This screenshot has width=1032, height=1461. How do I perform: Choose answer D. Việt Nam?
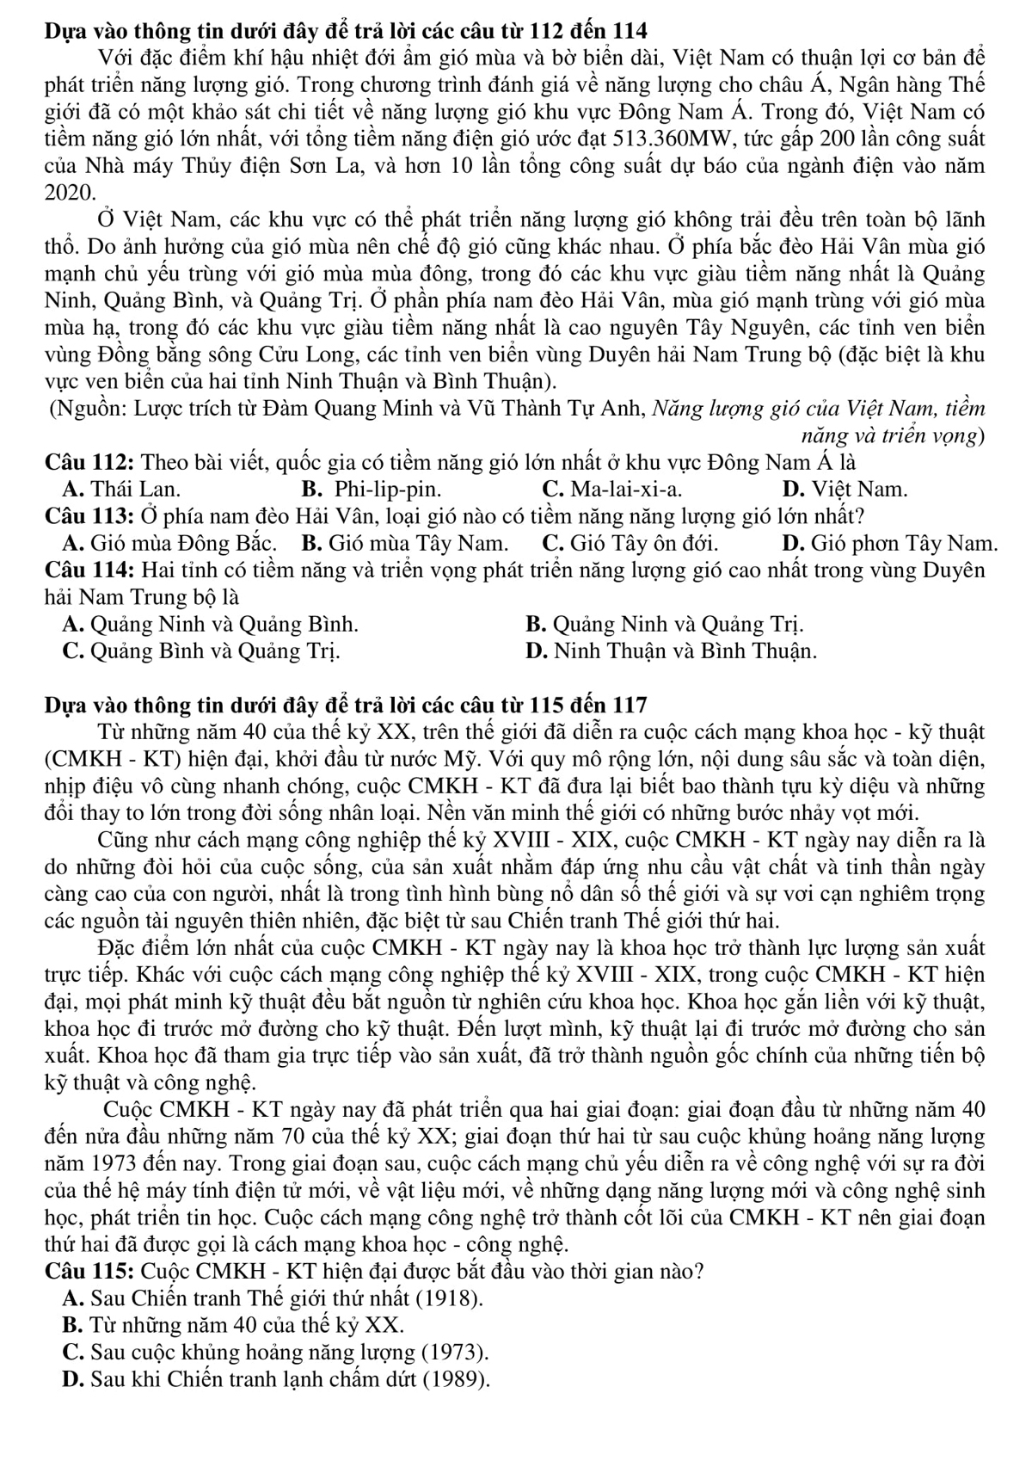845,490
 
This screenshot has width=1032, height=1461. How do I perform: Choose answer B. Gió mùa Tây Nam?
405,543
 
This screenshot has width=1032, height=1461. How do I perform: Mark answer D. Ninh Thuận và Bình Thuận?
670,650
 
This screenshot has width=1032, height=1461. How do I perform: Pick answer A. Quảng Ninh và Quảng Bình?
211,624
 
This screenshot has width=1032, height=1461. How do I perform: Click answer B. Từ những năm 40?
233,1325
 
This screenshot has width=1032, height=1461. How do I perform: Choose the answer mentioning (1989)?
276,1379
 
